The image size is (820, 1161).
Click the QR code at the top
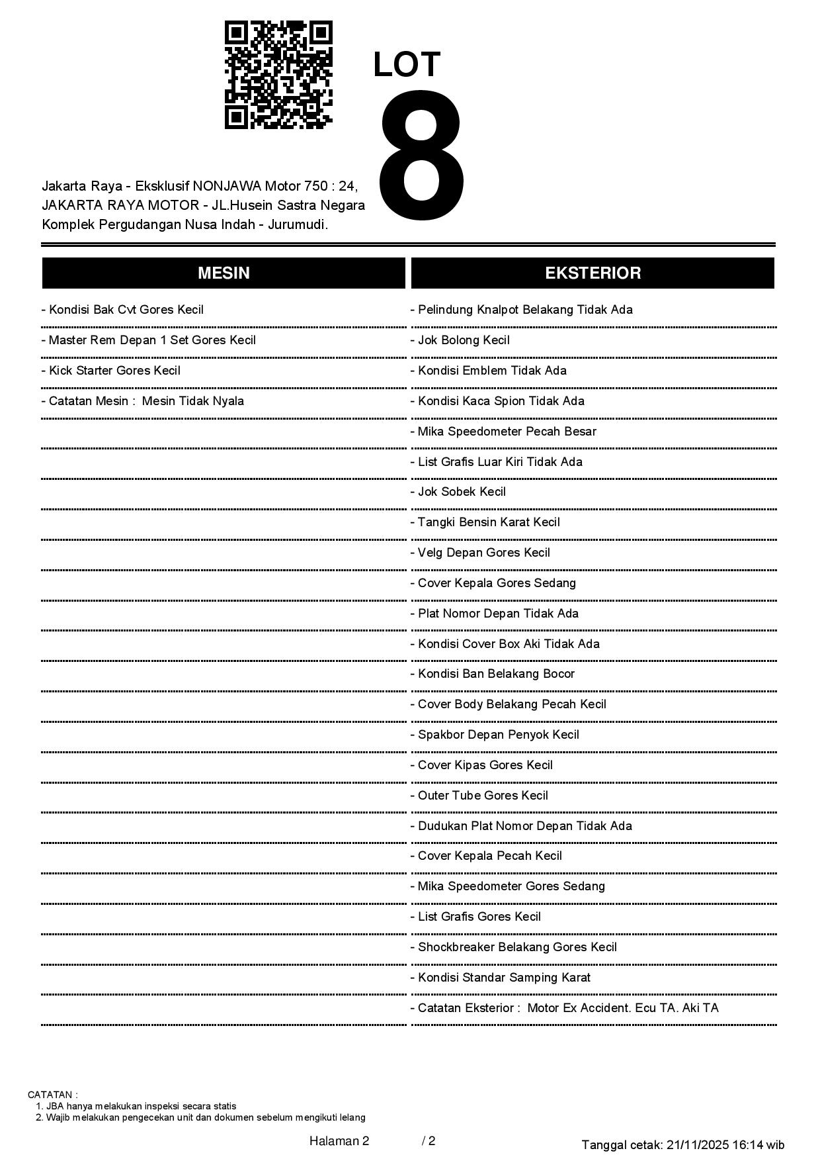(278, 74)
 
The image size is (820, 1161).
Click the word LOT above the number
(407, 64)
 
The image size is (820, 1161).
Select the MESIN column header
(224, 273)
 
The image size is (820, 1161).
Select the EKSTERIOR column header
(593, 273)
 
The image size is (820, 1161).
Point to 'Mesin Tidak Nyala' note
(192, 401)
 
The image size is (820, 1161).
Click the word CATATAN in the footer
(52, 1095)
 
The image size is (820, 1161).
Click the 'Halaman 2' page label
(339, 1140)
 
